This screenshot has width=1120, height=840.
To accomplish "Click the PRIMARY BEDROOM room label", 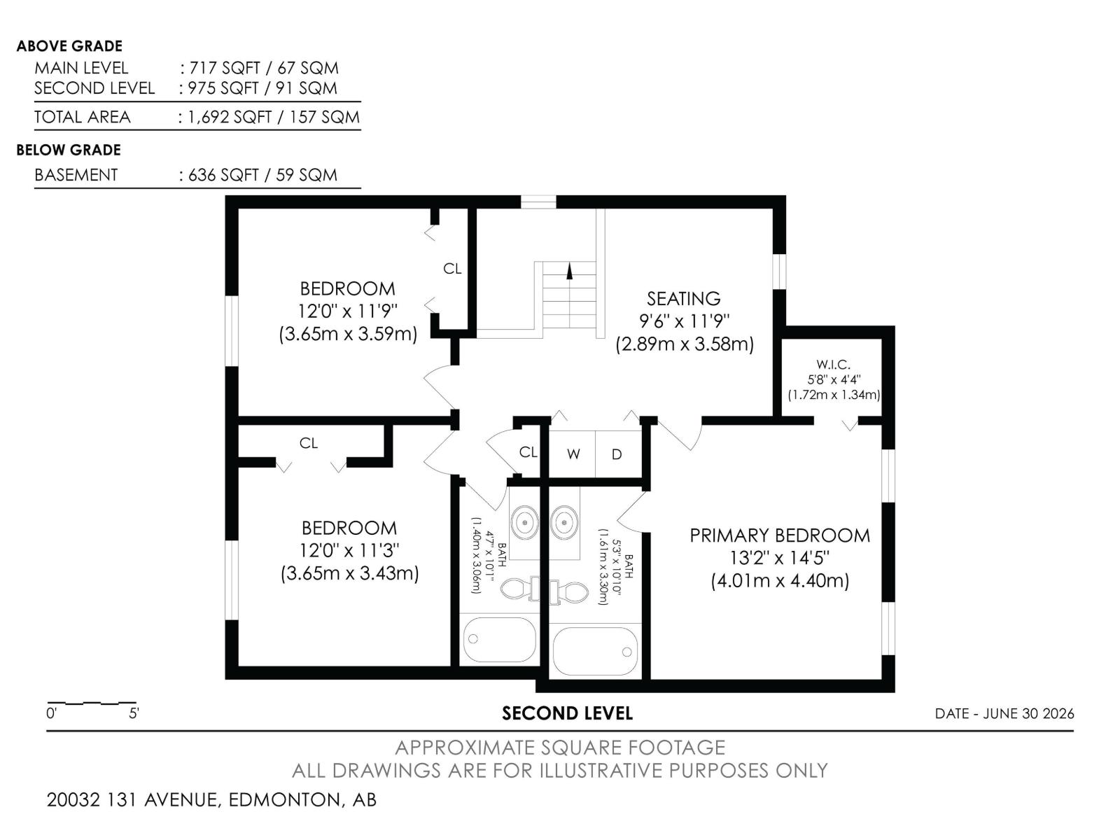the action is [x=779, y=535].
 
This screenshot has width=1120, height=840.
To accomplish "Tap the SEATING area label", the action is [x=684, y=298].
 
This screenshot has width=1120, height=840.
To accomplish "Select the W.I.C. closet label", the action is [x=833, y=365].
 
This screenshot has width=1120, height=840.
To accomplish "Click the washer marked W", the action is [x=573, y=454].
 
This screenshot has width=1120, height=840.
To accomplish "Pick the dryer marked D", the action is [x=617, y=454].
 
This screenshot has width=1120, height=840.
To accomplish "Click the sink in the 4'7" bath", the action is [x=524, y=521].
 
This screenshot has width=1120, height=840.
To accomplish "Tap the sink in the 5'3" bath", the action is [x=563, y=521].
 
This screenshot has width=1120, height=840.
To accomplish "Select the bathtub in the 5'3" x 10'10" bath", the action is [x=595, y=651].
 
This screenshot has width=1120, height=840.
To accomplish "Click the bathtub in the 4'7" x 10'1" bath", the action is [x=500, y=640].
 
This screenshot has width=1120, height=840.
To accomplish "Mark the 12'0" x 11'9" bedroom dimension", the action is [x=348, y=311].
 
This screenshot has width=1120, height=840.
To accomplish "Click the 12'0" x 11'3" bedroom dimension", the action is [x=349, y=551].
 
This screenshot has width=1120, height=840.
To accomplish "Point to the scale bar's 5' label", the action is [x=134, y=713].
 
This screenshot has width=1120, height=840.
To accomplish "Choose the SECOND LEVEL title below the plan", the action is [x=568, y=713].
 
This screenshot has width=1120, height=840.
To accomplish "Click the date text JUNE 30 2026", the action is [x=1029, y=713].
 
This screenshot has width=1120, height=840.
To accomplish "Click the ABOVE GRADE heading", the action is [x=69, y=46].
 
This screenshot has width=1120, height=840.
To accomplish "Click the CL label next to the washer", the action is [x=528, y=452].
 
